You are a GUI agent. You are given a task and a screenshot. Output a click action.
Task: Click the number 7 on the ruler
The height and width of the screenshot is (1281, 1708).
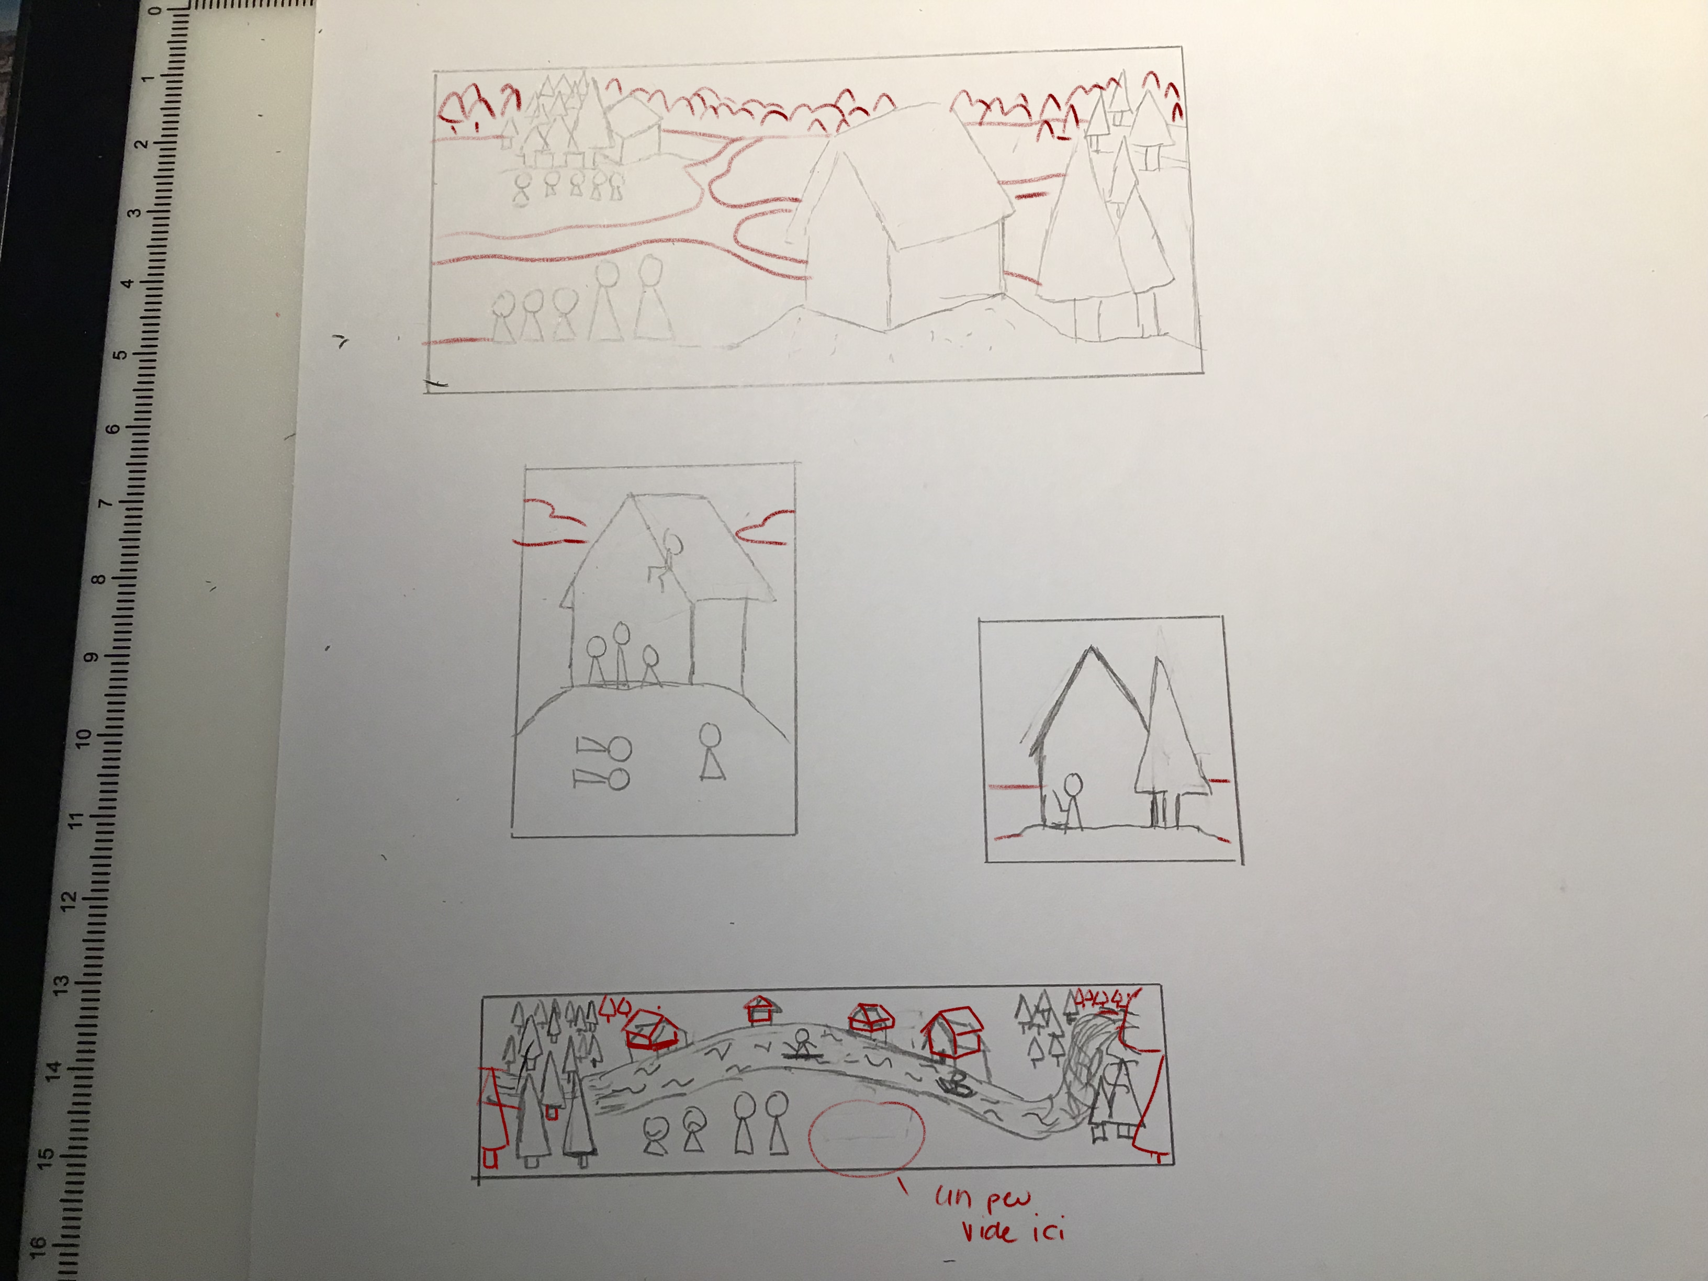(x=105, y=503)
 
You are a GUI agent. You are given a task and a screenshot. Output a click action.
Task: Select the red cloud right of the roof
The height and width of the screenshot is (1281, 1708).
(x=765, y=526)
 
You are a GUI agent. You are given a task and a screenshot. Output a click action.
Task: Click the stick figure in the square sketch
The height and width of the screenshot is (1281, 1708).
(x=1070, y=802)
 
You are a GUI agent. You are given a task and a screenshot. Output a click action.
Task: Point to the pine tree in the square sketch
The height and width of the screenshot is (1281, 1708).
(x=1166, y=741)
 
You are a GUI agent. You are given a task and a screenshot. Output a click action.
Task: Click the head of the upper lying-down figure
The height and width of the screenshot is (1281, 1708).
(x=621, y=748)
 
